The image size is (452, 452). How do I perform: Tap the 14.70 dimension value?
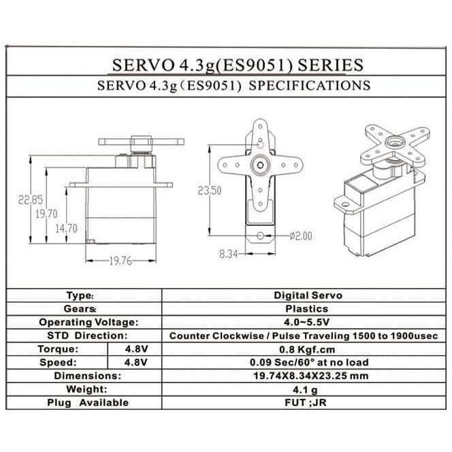[x=66, y=229]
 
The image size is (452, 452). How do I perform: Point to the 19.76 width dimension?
[x=119, y=260]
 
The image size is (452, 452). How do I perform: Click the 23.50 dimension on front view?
[x=210, y=191]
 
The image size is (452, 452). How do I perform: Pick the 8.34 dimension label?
[x=229, y=253]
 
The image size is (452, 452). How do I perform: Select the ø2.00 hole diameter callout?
[x=300, y=236]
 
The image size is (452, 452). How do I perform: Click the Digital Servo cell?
[x=308, y=295]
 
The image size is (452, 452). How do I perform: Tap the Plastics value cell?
[x=308, y=309]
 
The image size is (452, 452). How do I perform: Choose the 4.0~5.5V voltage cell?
[x=308, y=322]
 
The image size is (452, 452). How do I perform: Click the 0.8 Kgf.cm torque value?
[x=308, y=349]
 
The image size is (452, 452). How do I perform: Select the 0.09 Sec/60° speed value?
[x=308, y=362]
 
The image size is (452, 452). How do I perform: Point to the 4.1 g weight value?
[x=308, y=389]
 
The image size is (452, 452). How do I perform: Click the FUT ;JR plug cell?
[x=308, y=402]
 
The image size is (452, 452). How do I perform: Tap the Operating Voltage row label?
[x=88, y=322]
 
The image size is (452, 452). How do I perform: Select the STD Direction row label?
[x=88, y=336]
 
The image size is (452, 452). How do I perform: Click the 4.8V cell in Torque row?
[x=135, y=349]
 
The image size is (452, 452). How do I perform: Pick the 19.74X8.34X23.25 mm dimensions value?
[x=308, y=376]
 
